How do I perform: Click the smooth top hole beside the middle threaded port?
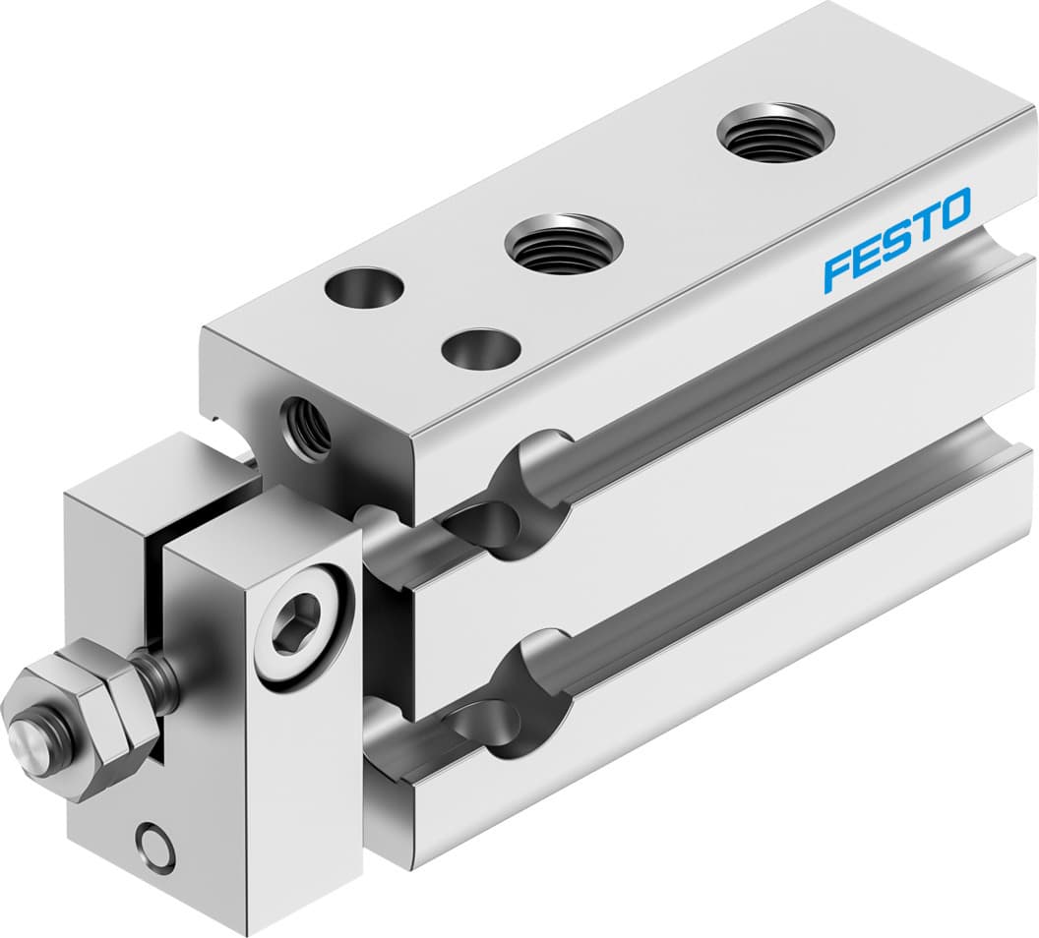coord(481,348)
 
